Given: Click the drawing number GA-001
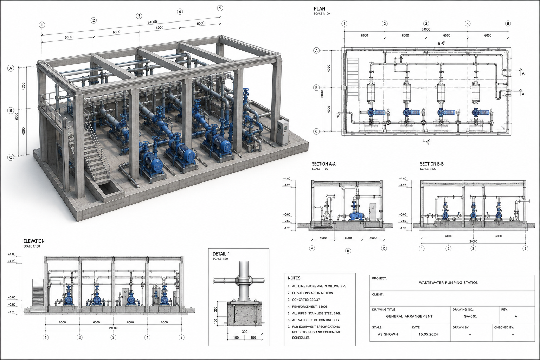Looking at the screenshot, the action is pyautogui.click(x=470, y=316).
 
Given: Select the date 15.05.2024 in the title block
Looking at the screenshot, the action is pyautogui.click(x=428, y=334).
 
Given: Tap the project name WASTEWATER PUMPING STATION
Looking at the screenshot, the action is pyautogui.click(x=449, y=282).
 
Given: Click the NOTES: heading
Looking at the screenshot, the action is pyautogui.click(x=295, y=278).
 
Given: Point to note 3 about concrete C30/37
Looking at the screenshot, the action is pyautogui.click(x=304, y=300).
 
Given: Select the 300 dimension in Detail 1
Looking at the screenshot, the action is pyautogui.click(x=244, y=332).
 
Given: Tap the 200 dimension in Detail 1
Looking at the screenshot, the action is pyautogui.click(x=216, y=309).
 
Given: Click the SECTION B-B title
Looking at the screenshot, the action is pyautogui.click(x=432, y=164).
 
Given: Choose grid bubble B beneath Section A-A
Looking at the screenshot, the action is pyautogui.click(x=348, y=251).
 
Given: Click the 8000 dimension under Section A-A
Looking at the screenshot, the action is pyautogui.click(x=348, y=238).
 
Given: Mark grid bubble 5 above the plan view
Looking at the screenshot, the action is pyautogui.click(x=508, y=24).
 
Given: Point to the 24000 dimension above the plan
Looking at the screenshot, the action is pyautogui.click(x=426, y=30).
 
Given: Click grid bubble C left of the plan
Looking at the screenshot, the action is pyautogui.click(x=316, y=131).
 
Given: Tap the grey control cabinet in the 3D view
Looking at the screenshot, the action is pyautogui.click(x=283, y=132).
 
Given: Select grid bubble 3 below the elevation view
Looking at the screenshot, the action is pyautogui.click(x=114, y=337).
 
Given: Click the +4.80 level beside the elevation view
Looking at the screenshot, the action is pyautogui.click(x=12, y=254).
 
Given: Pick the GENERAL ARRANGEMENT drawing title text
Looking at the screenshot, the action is pyautogui.click(x=409, y=316).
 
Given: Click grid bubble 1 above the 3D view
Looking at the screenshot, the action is pyautogui.click(x=42, y=25).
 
